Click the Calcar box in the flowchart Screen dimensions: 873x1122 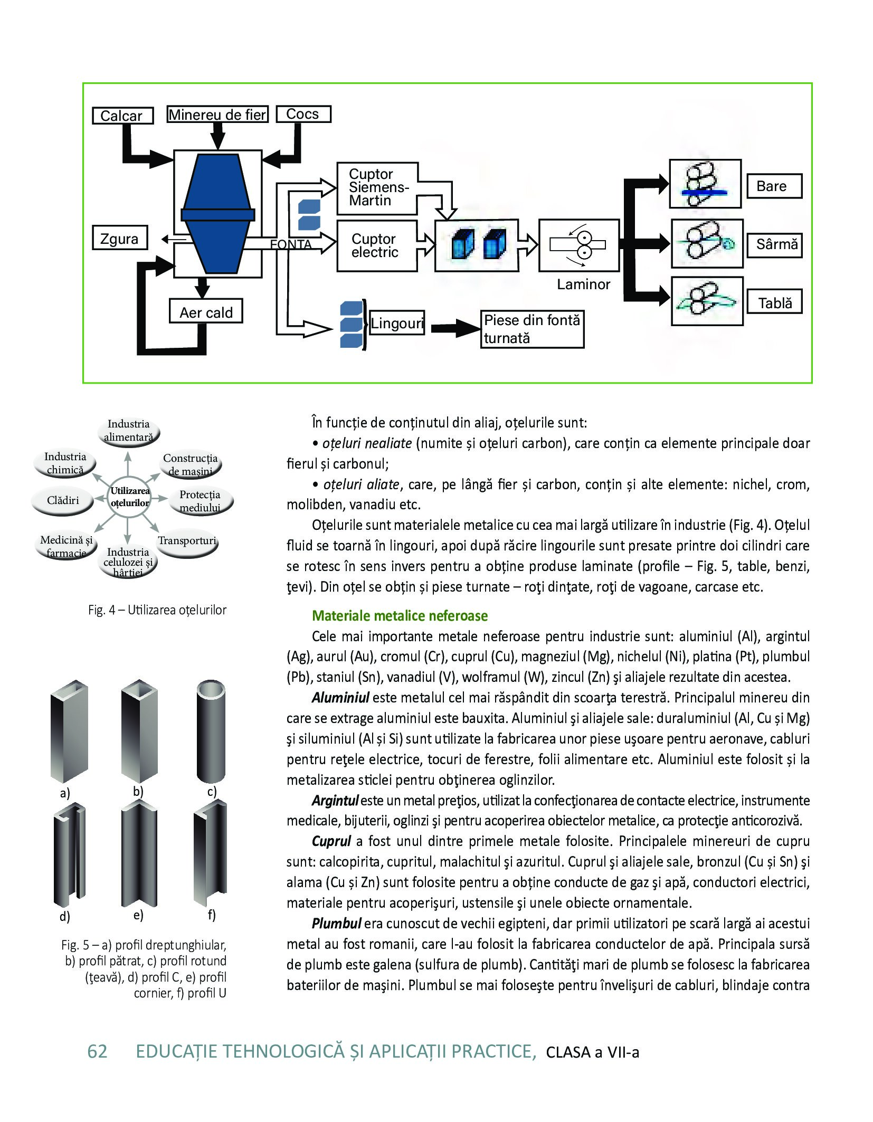coord(122,116)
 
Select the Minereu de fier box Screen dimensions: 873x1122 coord(217,114)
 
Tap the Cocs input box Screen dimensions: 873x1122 coord(303,114)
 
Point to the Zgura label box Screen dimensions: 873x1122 coord(119,239)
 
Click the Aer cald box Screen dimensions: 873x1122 coord(206,311)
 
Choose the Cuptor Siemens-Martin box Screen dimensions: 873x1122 coord(377,188)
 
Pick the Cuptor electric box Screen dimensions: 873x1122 coord(377,245)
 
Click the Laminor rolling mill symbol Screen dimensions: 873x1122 coord(578,245)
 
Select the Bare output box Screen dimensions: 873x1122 coord(775,186)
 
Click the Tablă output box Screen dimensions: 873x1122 coord(775,302)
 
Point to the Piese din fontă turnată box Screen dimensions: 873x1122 coord(533,329)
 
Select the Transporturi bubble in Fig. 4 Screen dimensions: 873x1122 coord(187,544)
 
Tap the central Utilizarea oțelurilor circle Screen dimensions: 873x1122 coord(130,498)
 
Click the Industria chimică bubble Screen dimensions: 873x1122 coord(65,463)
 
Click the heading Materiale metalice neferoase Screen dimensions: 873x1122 coord(400,616)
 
